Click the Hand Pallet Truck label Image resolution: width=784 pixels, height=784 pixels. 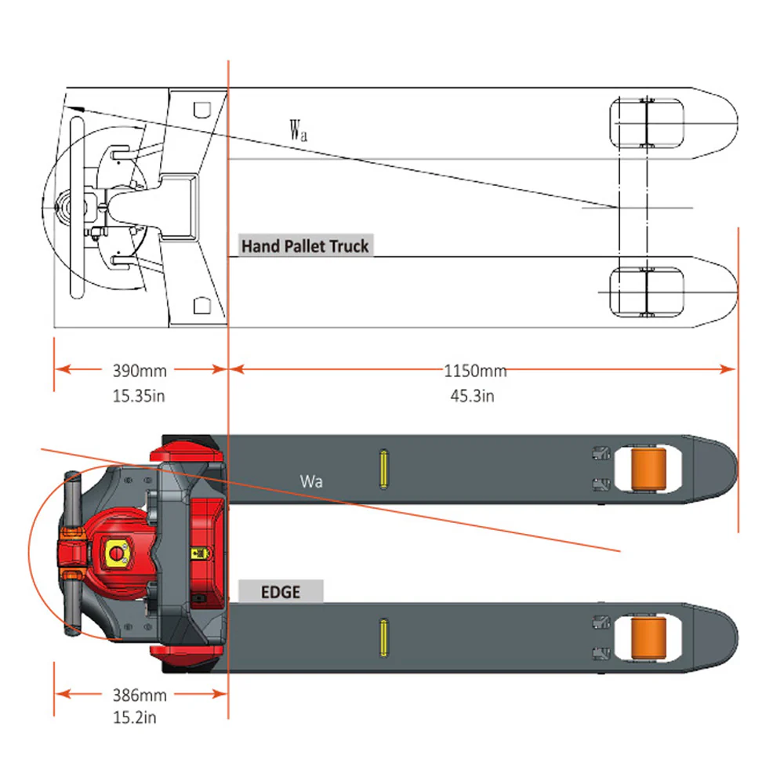click(x=304, y=246)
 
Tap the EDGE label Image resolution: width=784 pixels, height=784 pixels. click(x=281, y=591)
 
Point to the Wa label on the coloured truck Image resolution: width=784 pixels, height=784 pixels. click(x=310, y=481)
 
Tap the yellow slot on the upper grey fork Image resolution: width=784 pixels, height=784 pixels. click(x=383, y=470)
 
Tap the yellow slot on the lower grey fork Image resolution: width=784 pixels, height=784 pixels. click(x=383, y=637)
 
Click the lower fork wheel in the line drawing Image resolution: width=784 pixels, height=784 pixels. click(x=646, y=292)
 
